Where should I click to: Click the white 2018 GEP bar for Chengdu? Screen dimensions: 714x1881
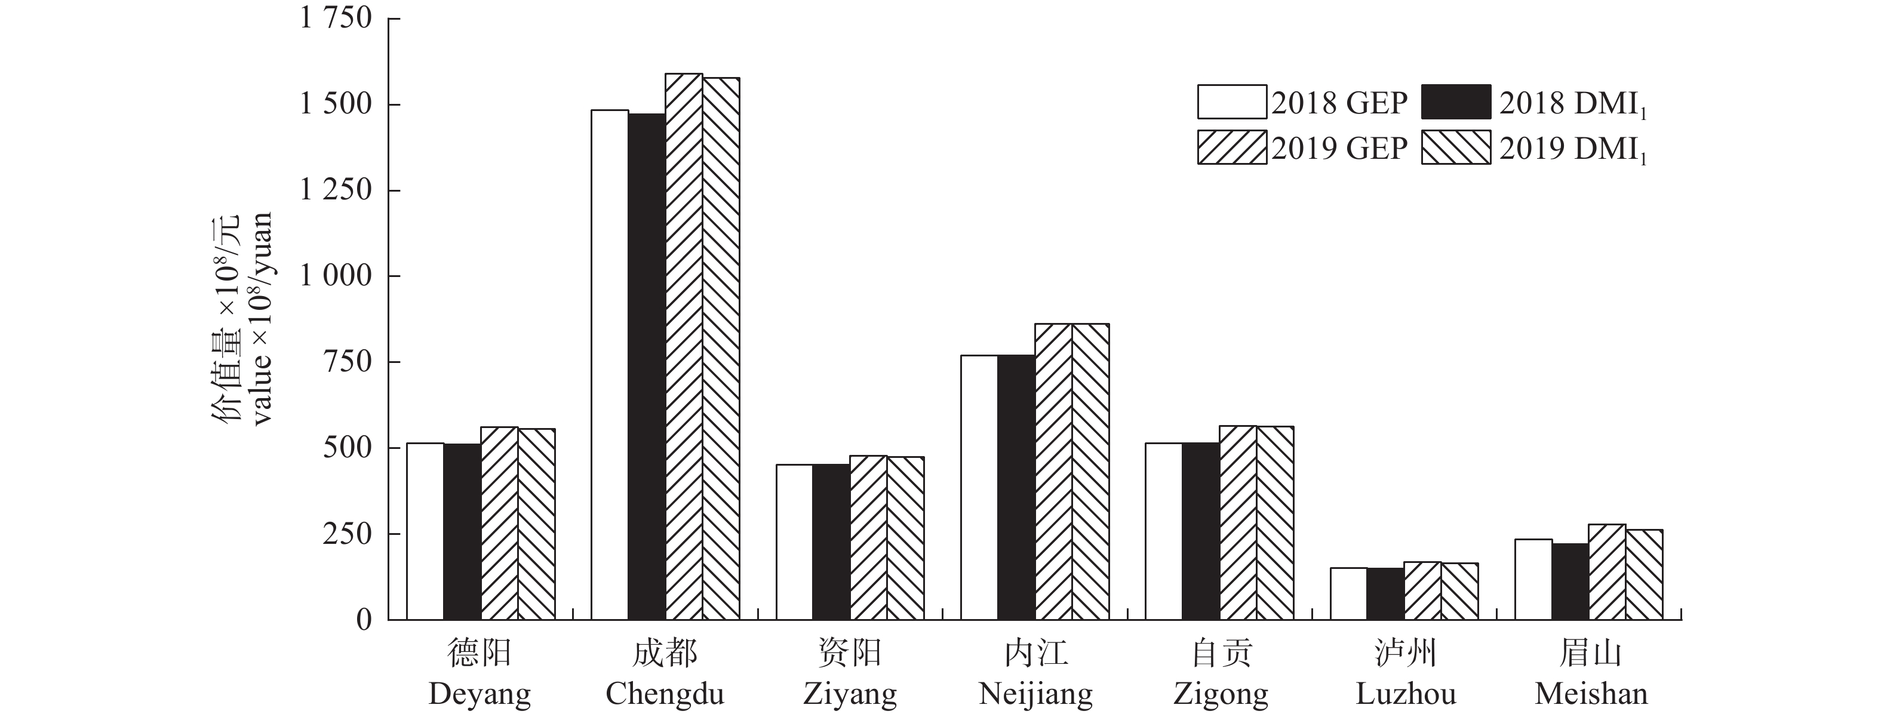610,365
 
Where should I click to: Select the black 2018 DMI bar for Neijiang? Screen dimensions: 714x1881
1016,487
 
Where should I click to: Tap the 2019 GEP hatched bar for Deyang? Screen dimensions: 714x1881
499,523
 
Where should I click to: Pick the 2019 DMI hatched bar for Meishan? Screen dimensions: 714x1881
1644,574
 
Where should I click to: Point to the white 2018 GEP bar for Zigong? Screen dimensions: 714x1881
1163,531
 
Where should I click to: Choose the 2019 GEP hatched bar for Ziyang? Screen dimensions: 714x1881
868,537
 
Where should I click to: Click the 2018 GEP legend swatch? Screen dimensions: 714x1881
1231,102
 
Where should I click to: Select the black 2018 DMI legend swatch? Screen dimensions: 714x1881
1455,102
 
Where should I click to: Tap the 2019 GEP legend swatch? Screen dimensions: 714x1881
1231,147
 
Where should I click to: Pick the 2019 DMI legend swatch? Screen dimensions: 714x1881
1455,147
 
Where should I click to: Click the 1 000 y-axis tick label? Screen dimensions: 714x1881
336,276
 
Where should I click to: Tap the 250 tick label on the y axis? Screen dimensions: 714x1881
347,534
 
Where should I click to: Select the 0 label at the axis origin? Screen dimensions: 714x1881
364,620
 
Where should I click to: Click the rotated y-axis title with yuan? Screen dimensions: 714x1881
242,318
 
